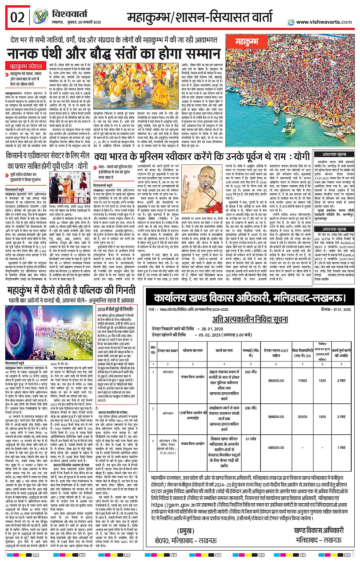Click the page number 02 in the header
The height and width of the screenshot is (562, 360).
(17, 17)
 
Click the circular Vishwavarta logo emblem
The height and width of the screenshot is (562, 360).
(40, 17)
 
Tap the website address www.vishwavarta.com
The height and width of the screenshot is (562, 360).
(324, 22)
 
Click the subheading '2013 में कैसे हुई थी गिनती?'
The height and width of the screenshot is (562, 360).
(115, 309)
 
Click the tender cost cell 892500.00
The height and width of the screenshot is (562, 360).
(276, 381)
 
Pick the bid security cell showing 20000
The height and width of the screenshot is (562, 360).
(302, 417)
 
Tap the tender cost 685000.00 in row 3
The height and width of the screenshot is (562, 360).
(276, 448)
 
